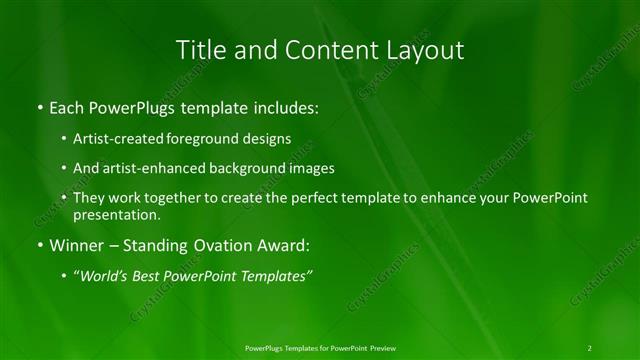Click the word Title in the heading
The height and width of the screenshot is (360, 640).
point(198,50)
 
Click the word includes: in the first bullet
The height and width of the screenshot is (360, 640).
point(282,105)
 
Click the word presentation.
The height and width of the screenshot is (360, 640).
point(116,214)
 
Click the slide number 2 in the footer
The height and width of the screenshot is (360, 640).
point(590,348)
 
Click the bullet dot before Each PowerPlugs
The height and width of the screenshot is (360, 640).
point(39,106)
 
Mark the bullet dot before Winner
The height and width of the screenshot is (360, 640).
point(39,245)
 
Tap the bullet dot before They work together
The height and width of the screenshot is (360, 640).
point(65,199)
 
